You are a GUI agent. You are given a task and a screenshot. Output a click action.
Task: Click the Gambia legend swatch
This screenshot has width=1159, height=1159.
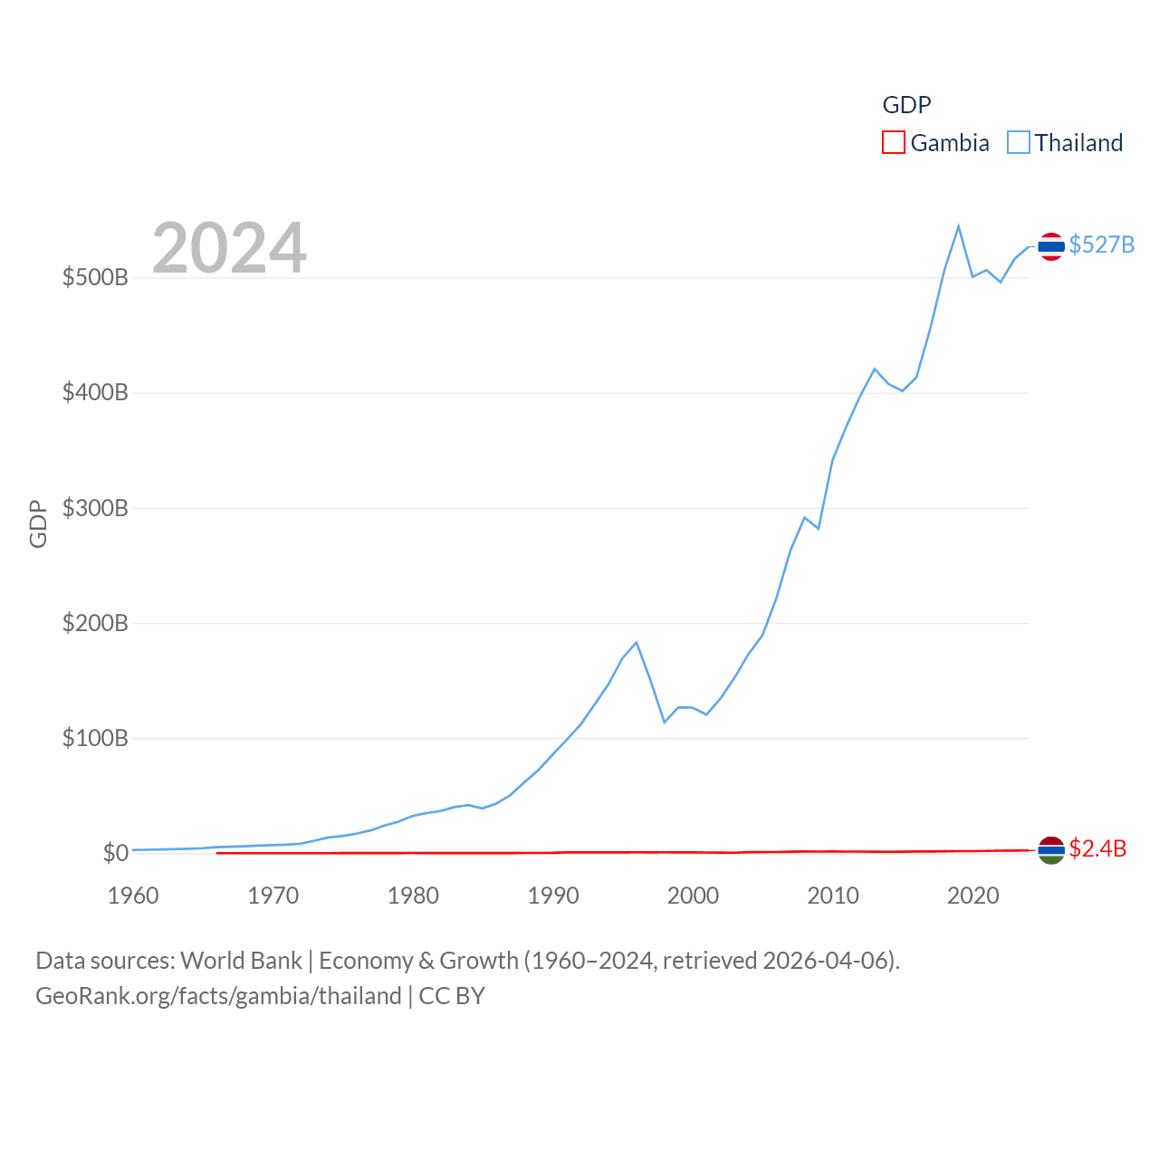[893, 143]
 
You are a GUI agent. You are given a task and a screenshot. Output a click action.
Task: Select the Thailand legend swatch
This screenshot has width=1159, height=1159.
[1019, 143]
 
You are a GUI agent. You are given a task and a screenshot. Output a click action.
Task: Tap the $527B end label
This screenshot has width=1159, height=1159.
[1101, 244]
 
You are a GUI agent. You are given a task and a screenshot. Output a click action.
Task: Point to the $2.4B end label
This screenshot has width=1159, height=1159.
[1097, 848]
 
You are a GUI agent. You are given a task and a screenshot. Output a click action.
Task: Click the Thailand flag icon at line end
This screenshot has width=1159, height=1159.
[1050, 245]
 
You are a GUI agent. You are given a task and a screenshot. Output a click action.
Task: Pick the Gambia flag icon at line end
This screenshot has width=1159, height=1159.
[1050, 849]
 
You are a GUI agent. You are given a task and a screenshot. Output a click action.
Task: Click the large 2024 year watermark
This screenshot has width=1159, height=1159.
[229, 248]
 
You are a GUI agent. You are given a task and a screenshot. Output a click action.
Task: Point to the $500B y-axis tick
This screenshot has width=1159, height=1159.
[95, 277]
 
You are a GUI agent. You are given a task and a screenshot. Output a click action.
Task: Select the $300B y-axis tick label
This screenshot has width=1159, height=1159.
[95, 508]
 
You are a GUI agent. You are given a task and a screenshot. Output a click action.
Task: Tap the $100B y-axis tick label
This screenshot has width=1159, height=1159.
[95, 738]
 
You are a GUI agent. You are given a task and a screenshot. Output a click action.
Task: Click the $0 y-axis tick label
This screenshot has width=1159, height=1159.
[115, 853]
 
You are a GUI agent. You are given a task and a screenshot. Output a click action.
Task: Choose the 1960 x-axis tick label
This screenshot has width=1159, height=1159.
[133, 896]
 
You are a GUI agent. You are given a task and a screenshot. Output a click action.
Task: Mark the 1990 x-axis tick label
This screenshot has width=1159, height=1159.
[553, 896]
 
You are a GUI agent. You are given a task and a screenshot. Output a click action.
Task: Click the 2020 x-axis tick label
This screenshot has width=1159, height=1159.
[972, 896]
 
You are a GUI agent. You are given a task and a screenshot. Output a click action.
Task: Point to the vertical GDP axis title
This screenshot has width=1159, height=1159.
[38, 523]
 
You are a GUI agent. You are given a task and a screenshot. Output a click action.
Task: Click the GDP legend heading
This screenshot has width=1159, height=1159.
[906, 105]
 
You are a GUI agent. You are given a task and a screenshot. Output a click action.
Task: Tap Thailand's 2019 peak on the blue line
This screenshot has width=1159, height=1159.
[958, 226]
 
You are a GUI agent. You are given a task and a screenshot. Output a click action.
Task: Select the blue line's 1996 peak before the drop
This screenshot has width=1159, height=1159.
[637, 642]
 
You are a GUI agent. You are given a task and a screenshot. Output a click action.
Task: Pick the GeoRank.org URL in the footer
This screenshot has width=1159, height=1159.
[218, 996]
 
